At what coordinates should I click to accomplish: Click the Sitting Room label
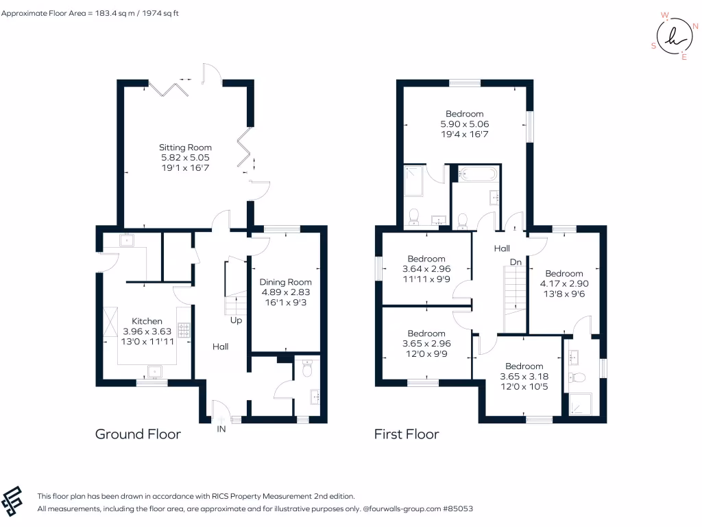click(185, 148)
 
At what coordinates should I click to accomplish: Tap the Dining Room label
click(285, 282)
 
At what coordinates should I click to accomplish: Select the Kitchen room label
click(147, 321)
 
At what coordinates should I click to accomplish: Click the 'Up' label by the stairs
click(235, 320)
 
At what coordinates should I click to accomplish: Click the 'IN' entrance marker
click(221, 429)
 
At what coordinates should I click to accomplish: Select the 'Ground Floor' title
click(138, 434)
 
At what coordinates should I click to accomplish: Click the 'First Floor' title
click(407, 434)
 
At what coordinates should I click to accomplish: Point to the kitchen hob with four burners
click(184, 331)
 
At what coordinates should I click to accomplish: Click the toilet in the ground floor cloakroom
click(307, 370)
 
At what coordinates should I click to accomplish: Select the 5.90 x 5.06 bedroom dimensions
click(464, 124)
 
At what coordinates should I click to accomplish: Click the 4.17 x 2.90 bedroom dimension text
click(564, 283)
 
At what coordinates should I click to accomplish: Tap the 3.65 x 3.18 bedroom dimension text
click(524, 376)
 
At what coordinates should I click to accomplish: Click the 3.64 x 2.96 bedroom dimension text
click(426, 269)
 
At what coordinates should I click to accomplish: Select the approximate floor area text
click(90, 13)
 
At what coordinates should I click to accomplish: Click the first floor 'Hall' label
click(503, 248)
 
